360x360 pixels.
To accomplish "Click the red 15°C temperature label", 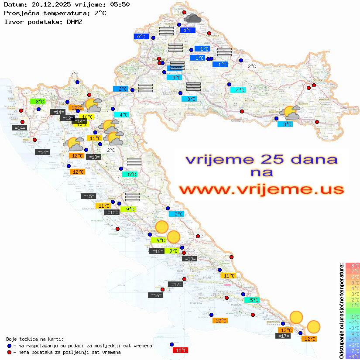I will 181,350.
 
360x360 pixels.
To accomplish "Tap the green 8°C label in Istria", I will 38,102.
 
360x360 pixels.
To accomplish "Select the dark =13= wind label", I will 93,157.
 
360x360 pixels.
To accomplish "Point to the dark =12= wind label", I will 67,118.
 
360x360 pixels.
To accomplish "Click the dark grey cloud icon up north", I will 192,18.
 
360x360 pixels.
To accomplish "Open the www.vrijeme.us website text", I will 261,190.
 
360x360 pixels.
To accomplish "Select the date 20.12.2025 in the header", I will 47,4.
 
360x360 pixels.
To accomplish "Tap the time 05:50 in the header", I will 120,4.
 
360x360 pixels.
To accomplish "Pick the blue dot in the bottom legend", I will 10,346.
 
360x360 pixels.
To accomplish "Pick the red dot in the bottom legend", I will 10,352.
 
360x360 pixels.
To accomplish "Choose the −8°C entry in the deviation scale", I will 353,357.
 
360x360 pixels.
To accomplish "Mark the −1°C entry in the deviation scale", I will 353,317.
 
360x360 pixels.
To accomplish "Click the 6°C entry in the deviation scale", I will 353,277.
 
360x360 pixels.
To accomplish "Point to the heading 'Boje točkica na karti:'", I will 35,339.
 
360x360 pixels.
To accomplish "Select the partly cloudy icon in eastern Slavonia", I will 291,113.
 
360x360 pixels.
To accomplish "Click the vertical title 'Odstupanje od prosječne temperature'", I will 341,311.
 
